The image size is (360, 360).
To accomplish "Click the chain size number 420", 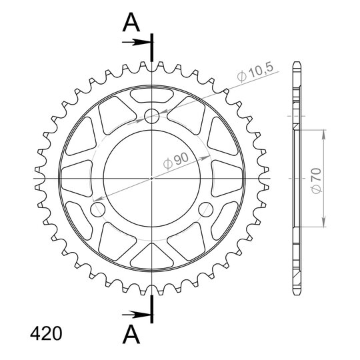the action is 46,333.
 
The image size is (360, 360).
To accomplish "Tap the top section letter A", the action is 131,22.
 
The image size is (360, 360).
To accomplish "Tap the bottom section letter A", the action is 131,334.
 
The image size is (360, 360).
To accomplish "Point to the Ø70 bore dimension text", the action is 316,181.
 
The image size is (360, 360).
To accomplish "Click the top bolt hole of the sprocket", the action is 151,116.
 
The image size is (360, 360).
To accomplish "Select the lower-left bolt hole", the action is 98,209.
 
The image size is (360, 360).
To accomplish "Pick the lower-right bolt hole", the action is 206,209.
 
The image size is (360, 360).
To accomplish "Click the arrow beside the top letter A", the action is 136,42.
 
